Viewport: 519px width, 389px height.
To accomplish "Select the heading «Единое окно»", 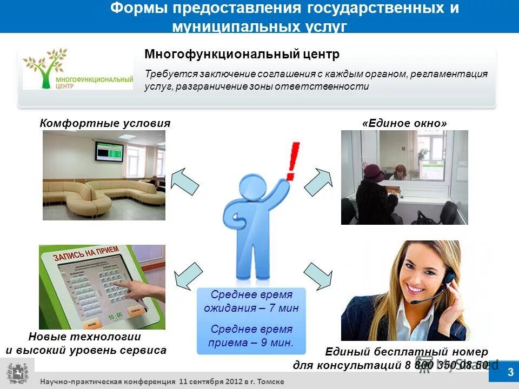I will [405, 123].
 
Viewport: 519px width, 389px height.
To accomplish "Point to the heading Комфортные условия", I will [105, 123].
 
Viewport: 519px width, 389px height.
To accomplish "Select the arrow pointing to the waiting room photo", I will [185, 180].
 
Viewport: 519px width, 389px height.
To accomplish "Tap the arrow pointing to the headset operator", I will [318, 275].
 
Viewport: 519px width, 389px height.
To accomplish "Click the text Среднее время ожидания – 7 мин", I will [251, 301].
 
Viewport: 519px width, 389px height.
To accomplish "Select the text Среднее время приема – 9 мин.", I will [251, 336].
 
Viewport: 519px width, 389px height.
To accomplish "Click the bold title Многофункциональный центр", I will [242, 55].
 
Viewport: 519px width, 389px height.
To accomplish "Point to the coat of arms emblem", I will [17, 373].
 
